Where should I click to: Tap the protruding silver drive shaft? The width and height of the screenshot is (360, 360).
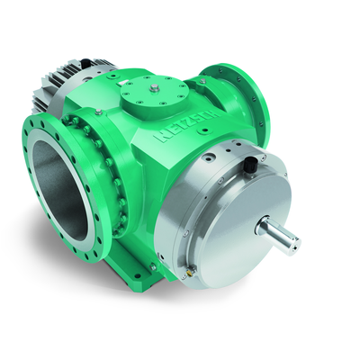(277, 236)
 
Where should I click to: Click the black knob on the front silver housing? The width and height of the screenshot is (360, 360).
(249, 164)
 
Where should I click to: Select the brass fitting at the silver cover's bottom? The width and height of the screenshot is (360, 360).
(190, 271)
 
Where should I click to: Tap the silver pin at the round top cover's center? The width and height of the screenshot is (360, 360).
(154, 88)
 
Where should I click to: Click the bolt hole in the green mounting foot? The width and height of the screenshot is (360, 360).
(138, 276)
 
